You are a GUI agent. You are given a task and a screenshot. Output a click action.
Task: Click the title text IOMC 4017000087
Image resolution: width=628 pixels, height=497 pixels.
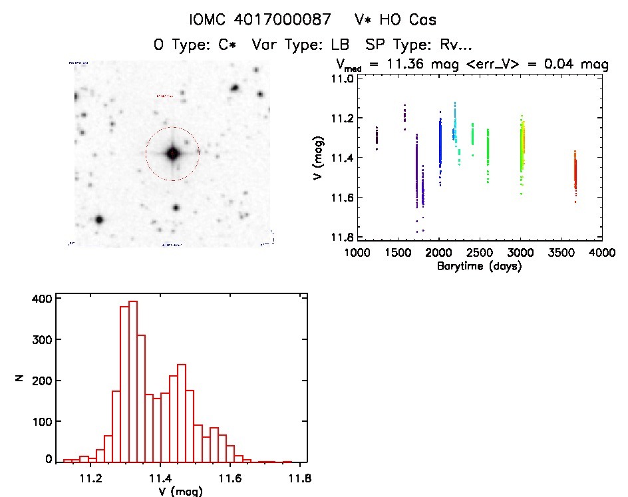(x=260, y=20)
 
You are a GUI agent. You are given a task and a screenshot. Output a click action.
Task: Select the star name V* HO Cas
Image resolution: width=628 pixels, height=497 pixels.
(x=396, y=20)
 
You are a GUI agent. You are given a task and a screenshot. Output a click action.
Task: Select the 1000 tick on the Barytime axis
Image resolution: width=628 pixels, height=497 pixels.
(x=357, y=253)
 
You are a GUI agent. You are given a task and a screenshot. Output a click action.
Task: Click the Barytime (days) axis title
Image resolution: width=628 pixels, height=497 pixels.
(x=479, y=266)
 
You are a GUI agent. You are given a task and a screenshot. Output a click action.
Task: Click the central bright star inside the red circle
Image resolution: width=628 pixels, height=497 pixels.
(x=172, y=154)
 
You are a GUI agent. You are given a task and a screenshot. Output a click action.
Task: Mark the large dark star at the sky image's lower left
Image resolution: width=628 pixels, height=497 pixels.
(x=99, y=220)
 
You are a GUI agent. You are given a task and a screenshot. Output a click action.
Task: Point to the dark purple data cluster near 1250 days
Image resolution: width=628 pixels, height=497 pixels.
(x=377, y=137)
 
